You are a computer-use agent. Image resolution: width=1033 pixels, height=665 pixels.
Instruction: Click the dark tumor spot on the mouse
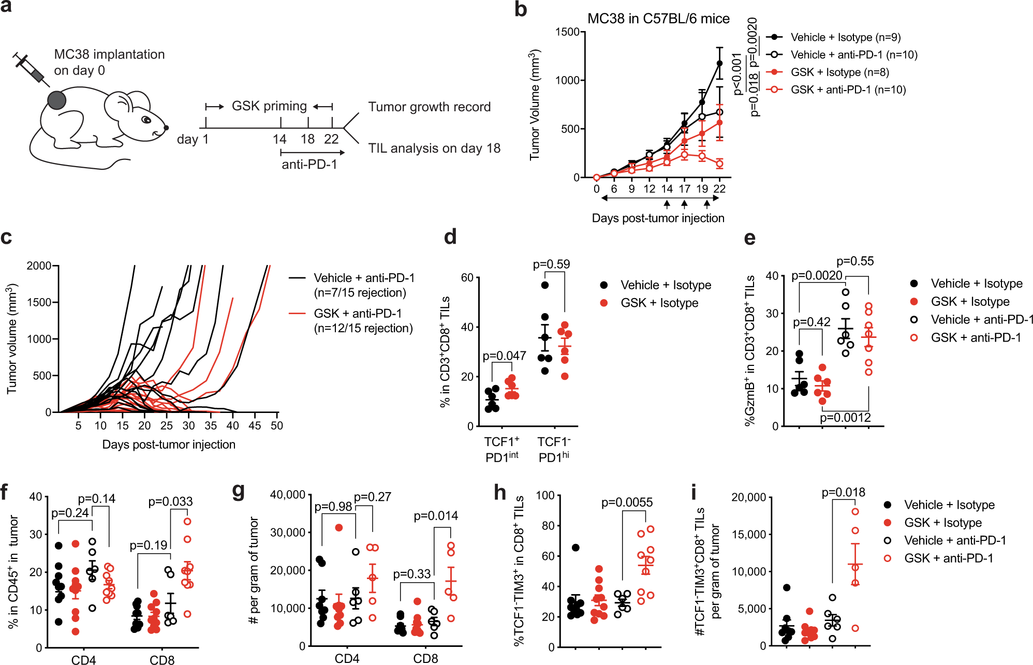point(57,100)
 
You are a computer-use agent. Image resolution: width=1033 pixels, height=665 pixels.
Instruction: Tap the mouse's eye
point(146,120)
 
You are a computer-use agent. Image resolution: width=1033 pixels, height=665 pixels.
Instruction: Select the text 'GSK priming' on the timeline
point(269,106)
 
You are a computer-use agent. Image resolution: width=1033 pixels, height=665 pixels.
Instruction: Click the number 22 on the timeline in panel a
point(331,139)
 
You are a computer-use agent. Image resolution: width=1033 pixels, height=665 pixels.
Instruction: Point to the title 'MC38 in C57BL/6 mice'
point(658,19)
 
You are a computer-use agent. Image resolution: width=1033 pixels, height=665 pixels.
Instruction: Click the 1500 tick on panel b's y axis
point(567,32)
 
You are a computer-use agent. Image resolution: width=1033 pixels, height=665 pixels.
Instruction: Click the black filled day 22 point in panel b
point(719,64)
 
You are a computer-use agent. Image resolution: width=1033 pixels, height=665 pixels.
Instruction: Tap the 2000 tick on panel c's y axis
point(39,265)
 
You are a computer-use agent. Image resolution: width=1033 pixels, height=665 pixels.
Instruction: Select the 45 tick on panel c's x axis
point(255,425)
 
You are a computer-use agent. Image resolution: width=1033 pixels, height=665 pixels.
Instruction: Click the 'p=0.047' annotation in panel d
point(504,356)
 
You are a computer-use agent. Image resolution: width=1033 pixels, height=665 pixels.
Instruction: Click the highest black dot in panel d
point(544,285)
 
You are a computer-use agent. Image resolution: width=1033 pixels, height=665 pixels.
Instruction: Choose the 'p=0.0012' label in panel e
point(845,418)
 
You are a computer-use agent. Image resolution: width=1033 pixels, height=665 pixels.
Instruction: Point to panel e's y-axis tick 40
point(772,275)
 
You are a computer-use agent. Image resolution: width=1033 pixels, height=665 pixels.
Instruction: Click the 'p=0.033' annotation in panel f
point(170,501)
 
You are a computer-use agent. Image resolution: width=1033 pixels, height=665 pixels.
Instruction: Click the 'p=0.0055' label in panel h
point(627,502)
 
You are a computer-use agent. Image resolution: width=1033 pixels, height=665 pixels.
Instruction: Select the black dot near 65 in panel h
point(575,548)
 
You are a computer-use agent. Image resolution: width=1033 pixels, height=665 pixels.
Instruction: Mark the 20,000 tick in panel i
point(748,497)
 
